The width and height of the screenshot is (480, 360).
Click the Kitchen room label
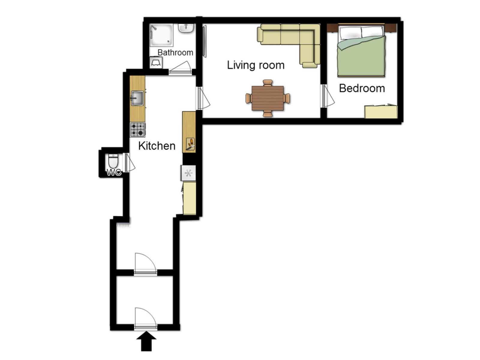point(157,146)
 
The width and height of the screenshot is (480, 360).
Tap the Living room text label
point(256,65)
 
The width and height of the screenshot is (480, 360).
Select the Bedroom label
point(362,88)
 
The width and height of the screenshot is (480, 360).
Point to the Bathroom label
point(175,52)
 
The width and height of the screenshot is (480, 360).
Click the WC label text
point(114,172)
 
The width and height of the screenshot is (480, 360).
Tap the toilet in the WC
point(113,161)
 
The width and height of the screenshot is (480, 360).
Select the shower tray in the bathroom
point(161,35)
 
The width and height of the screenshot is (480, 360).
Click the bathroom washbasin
point(186,28)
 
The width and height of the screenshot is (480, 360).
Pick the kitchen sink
point(137,98)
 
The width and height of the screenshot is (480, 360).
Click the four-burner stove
point(137,130)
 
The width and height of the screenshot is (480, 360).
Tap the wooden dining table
point(267,98)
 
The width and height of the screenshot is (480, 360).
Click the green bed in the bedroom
point(361,51)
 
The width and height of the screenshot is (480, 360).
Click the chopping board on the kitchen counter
point(191,144)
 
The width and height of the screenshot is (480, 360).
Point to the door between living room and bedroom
point(327,96)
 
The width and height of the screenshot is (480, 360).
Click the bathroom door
point(180,69)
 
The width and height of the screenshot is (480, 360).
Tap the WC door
point(129,162)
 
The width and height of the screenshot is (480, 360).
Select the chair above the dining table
point(268,83)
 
